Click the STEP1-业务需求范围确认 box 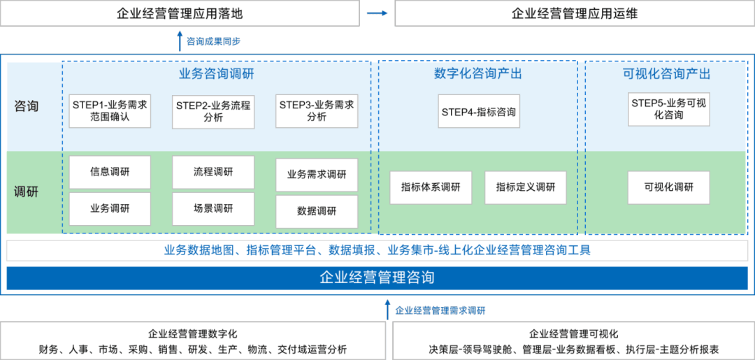(110, 110)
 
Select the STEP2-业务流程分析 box (213, 111)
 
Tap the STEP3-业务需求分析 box (317, 111)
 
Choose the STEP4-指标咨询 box (479, 111)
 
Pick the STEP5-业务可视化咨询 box (669, 110)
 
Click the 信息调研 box (110, 172)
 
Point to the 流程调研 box (213, 172)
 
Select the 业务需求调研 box (317, 175)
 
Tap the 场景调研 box (213, 208)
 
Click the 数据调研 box (317, 211)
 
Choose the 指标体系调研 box (431, 187)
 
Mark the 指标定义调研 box (526, 187)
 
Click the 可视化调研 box (669, 187)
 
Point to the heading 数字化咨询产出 (477, 74)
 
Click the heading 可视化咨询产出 (666, 74)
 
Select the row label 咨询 (27, 107)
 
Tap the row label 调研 (27, 192)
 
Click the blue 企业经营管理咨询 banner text (377, 278)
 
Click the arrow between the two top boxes (377, 13)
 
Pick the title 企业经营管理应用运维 (575, 13)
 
